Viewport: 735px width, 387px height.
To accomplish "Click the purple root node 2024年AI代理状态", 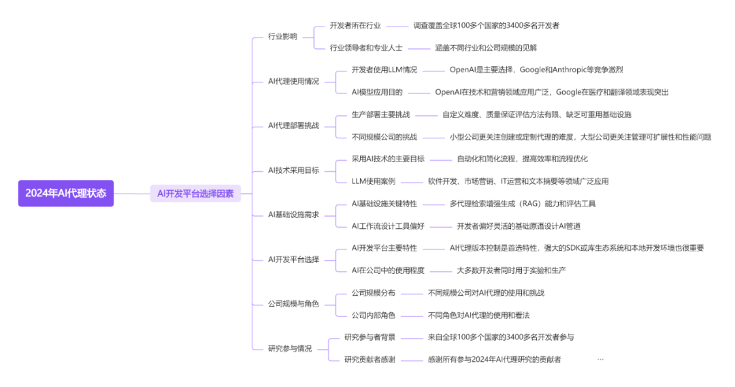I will pyautogui.click(x=66, y=193).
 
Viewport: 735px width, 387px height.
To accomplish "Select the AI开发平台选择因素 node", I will pyautogui.click(x=195, y=193).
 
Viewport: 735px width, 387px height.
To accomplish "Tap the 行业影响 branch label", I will pyautogui.click(x=282, y=36).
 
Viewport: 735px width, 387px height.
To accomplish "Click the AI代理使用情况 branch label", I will pyautogui.click(x=293, y=81).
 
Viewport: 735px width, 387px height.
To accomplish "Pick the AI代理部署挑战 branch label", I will pyautogui.click(x=293, y=125).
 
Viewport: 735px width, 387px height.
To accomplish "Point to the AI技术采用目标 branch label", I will pyautogui.click(x=293, y=170).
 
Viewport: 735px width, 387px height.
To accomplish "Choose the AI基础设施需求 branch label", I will pyautogui.click(x=293, y=215).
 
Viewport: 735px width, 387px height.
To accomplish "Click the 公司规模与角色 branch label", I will pyautogui.click(x=293, y=304).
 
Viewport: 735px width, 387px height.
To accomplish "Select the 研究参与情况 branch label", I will pyautogui.click(x=290, y=348).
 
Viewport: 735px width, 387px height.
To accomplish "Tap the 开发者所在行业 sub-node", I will pyautogui.click(x=355, y=25).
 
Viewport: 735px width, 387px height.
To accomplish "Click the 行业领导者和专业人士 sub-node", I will pyautogui.click(x=366, y=48).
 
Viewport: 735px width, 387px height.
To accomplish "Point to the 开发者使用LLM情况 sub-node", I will pyautogui.click(x=385, y=69).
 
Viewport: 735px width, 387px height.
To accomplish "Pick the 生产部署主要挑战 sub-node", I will pyautogui.click(x=381, y=114).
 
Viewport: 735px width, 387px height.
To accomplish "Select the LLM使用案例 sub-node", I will pyautogui.click(x=374, y=181).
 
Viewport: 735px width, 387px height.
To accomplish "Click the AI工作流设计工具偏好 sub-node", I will pyautogui.click(x=388, y=226).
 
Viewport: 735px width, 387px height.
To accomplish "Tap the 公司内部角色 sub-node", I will pyautogui.click(x=374, y=315).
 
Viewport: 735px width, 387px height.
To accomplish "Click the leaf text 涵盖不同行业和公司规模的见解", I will pyautogui.click(x=486, y=48).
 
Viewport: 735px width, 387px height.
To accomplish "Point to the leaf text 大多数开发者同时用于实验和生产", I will pyautogui.click(x=511, y=270).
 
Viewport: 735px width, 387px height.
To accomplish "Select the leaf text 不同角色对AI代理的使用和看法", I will pyautogui.click(x=478, y=315).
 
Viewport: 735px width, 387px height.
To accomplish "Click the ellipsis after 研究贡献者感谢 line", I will pyautogui.click(x=600, y=359).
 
